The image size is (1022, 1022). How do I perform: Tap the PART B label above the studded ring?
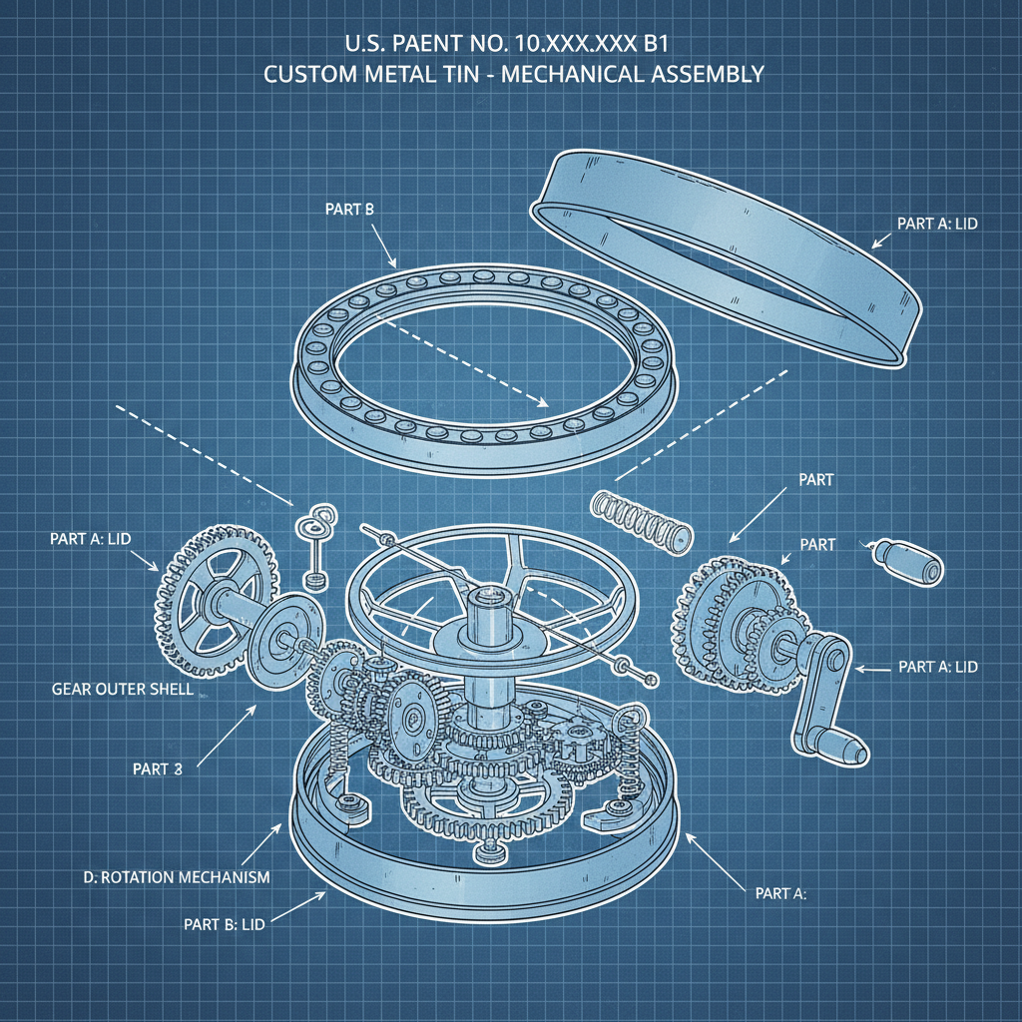[349, 210]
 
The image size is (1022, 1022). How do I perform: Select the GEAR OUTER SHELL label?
[122, 690]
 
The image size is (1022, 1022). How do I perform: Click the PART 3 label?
[157, 768]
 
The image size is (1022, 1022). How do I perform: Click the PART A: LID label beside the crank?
[938, 667]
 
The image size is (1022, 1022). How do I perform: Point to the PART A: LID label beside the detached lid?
[937, 224]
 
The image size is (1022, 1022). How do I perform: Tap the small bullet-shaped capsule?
[909, 560]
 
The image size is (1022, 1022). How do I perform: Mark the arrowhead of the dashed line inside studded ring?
[543, 404]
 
